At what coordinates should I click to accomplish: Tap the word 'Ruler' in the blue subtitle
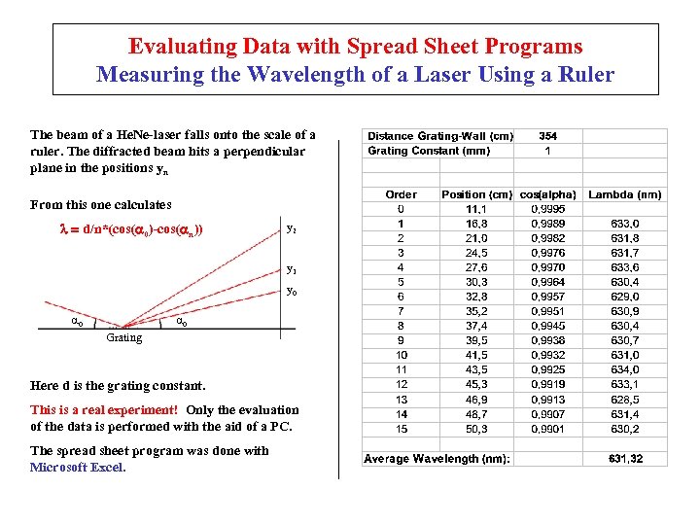[582, 74]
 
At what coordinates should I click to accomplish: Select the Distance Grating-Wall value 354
[547, 136]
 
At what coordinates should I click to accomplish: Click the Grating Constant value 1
[547, 151]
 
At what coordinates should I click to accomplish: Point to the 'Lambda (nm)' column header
[625, 194]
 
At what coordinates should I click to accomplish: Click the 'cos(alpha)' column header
[548, 194]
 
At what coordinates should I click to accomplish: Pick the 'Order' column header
[402, 194]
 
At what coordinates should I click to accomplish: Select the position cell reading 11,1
[476, 209]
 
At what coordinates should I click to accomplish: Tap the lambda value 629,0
[625, 297]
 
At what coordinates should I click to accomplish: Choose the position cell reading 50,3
[476, 429]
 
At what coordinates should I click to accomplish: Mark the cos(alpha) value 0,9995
[549, 209]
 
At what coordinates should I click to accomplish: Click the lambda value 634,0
[625, 369]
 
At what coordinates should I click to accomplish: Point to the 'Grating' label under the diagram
[123, 338]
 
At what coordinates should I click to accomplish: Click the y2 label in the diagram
[291, 228]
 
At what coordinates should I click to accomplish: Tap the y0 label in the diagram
[291, 291]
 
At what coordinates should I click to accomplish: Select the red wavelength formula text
[130, 228]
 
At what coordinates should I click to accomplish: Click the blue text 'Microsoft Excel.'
[78, 468]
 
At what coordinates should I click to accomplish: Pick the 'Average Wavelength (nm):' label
[437, 458]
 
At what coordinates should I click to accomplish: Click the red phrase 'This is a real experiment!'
[104, 410]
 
